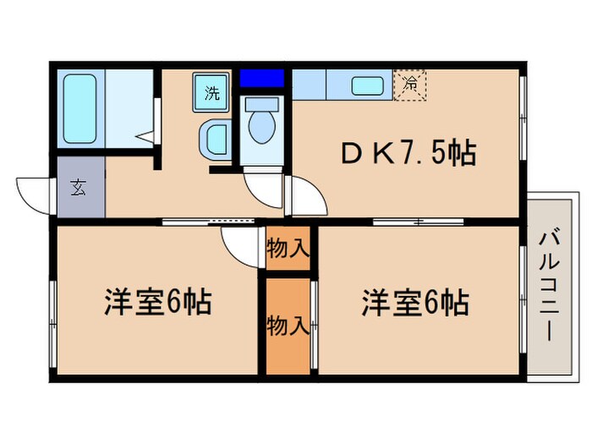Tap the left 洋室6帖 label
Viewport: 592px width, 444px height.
pyautogui.click(x=158, y=302)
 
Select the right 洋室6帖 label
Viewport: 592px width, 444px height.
pyautogui.click(x=416, y=302)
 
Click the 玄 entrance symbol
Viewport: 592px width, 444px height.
pyautogui.click(x=78, y=188)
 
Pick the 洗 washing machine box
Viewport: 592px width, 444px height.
pyautogui.click(x=211, y=92)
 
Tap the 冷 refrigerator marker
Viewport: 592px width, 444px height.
pyautogui.click(x=410, y=84)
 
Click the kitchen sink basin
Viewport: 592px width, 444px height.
pyautogui.click(x=366, y=85)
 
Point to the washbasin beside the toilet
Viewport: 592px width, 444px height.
pyautogui.click(x=215, y=138)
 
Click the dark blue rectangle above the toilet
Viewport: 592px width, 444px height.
pyautogui.click(x=260, y=79)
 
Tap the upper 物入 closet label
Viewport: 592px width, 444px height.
pyautogui.click(x=288, y=249)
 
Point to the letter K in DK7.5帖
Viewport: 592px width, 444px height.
pyautogui.click(x=379, y=154)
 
